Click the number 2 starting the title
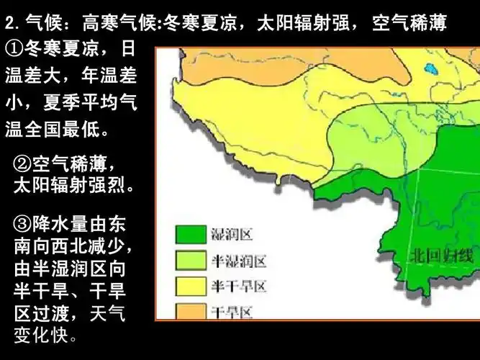point(9,23)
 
